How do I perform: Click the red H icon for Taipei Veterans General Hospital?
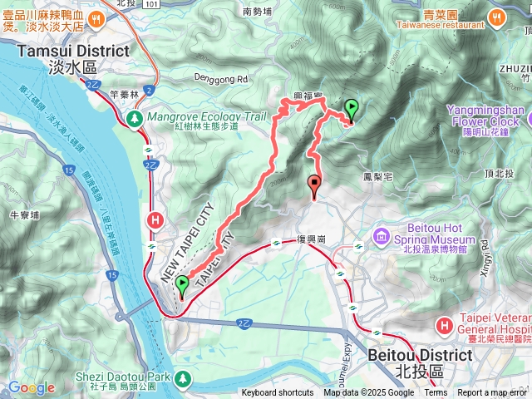[445, 324]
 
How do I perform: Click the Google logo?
[31, 387]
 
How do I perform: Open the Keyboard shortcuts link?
[278, 393]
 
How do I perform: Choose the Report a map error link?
[492, 393]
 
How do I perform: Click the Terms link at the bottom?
[436, 393]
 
